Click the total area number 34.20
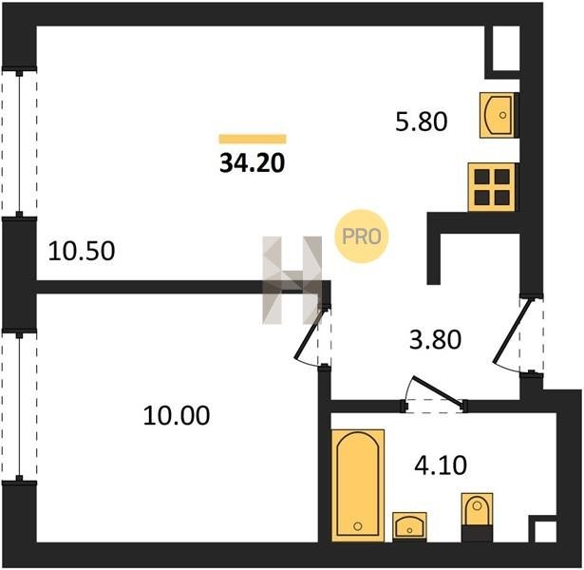coord(253,163)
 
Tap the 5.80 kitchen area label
coord(422,122)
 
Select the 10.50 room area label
coord(82,251)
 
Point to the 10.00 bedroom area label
coord(177,415)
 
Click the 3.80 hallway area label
coord(435,339)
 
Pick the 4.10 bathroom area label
coord(441,465)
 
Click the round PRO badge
coord(361,237)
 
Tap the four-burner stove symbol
coord(492,187)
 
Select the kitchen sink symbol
coord(498,115)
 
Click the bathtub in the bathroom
coord(358,485)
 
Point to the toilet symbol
coord(477,517)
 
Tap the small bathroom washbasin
coord(409,525)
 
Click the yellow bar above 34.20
coord(253,139)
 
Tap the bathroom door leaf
coord(437,391)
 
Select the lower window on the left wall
coord(19,407)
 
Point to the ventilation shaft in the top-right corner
coord(506,48)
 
